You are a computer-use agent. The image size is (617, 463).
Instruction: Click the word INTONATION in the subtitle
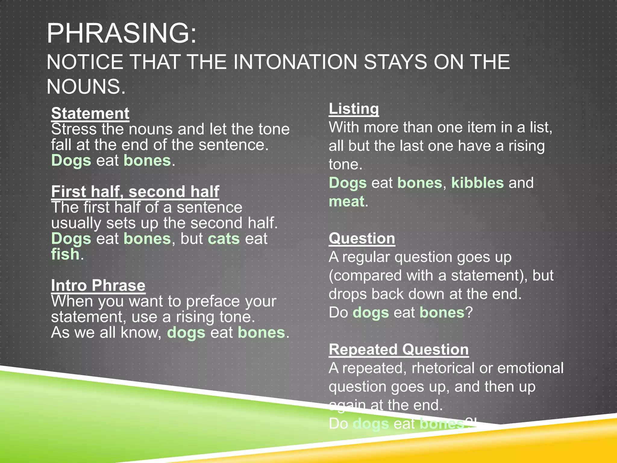tap(295, 62)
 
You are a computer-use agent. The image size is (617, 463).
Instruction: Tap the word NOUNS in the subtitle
tap(86, 87)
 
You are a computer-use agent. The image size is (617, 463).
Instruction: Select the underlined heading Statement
tap(90, 114)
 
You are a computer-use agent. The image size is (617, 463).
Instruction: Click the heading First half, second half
tap(135, 192)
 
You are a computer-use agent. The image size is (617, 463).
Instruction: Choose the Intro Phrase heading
tap(98, 285)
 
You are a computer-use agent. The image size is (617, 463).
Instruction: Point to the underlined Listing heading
tap(354, 109)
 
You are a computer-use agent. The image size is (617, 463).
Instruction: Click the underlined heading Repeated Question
tap(399, 350)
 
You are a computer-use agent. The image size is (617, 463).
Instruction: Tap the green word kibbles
tap(477, 183)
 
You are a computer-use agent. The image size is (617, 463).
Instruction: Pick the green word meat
tap(346, 201)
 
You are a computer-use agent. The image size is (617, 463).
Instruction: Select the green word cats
tap(224, 239)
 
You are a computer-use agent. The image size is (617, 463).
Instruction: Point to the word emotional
tap(530, 368)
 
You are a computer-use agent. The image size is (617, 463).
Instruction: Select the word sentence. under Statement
tap(233, 145)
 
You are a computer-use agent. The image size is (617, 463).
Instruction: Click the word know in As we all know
tap(138, 333)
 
